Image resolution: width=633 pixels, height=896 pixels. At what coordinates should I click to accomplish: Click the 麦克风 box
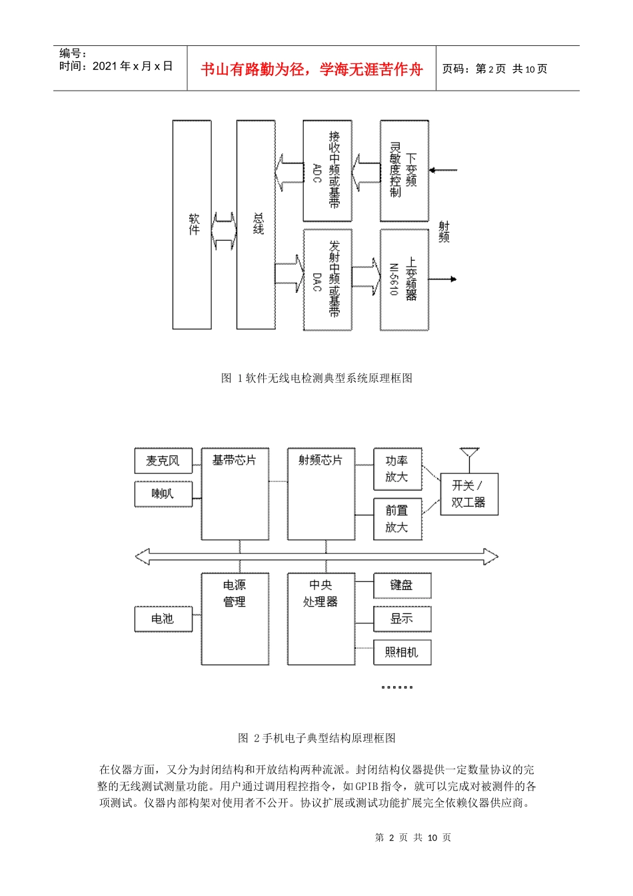163,461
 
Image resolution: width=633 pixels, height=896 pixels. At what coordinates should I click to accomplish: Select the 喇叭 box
163,494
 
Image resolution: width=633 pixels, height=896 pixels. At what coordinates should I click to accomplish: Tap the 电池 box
163,619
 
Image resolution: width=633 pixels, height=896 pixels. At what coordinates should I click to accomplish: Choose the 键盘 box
402,585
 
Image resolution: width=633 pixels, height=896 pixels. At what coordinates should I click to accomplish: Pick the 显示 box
402,619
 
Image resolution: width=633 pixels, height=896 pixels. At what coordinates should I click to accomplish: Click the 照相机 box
402,652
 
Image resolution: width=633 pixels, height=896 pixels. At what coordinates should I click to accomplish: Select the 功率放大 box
398,469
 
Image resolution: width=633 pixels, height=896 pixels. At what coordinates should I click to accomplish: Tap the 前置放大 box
398,519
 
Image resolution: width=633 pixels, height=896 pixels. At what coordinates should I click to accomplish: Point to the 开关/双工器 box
469,494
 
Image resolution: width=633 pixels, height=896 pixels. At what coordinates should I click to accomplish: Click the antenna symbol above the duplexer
469,460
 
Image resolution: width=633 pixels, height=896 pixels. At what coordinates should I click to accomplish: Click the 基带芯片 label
235,461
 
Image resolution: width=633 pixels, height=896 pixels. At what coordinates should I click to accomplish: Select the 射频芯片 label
320,461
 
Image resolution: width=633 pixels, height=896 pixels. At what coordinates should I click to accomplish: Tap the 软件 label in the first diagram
195,225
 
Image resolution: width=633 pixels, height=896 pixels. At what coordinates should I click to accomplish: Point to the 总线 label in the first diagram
259,223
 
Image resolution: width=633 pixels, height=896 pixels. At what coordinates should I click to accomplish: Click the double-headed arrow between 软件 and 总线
224,231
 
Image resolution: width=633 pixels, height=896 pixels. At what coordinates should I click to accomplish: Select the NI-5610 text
394,279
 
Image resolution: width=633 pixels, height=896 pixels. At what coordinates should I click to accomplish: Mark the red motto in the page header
311,69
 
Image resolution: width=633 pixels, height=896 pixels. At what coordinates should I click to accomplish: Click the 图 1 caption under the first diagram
316,378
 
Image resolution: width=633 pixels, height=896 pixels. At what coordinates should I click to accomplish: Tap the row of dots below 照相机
397,687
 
